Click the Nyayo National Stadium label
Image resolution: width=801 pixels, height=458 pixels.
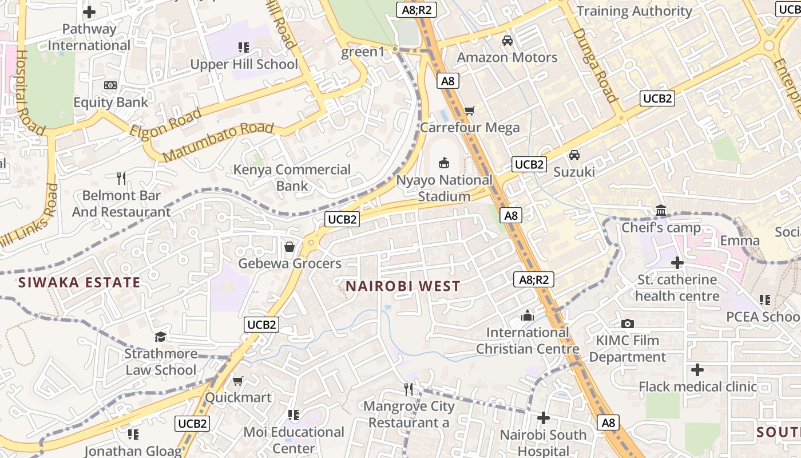444,188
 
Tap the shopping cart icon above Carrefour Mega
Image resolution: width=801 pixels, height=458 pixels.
470,110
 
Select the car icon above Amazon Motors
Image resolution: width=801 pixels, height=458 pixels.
507,41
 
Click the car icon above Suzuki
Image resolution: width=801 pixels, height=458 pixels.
574,155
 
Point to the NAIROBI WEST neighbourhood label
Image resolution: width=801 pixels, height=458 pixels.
403,286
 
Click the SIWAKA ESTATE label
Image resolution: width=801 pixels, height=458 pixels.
79,282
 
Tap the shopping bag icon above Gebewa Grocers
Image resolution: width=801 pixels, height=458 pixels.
290,247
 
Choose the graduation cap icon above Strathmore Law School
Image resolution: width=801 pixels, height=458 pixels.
160,337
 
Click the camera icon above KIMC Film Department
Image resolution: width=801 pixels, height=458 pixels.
627,324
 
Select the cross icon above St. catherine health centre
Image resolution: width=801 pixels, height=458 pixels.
677,263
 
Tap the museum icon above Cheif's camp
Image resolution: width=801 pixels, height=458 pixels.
661,211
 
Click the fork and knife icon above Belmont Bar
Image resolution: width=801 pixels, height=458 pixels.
121,179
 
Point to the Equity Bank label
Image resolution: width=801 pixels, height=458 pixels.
111,102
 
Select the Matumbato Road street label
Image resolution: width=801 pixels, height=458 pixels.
218,141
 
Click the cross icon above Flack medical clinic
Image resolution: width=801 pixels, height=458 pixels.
697,370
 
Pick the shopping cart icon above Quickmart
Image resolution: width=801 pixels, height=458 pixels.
238,381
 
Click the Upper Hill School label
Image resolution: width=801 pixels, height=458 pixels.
244,64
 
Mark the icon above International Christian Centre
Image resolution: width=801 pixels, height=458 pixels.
527,315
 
